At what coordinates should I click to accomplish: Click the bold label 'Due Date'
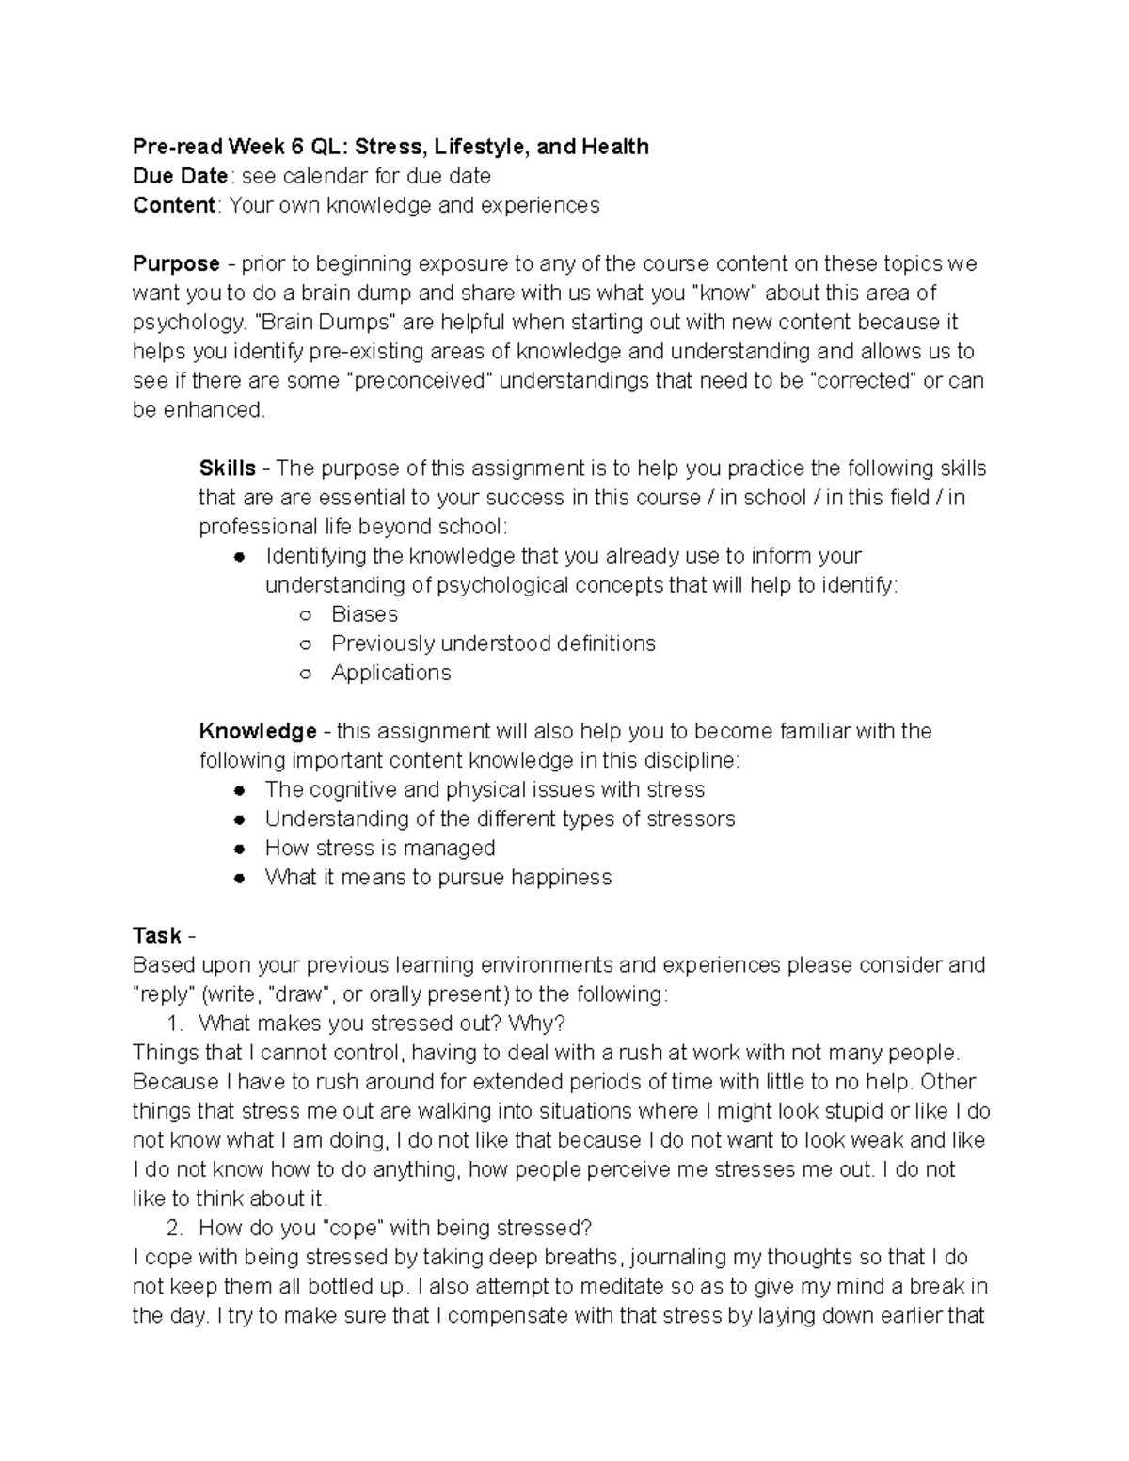(x=180, y=176)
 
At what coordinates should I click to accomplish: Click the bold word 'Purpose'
(x=176, y=263)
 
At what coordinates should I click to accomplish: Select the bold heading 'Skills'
(x=227, y=468)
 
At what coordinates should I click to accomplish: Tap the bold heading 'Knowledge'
(x=257, y=731)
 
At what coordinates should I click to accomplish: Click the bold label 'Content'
(x=174, y=205)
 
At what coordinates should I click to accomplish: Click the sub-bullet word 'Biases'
(x=364, y=614)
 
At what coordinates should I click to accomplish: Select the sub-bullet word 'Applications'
(x=390, y=673)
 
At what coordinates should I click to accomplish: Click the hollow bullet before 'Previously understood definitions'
(x=305, y=644)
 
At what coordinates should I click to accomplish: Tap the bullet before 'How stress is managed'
(x=240, y=849)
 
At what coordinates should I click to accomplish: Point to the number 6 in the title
(x=295, y=147)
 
